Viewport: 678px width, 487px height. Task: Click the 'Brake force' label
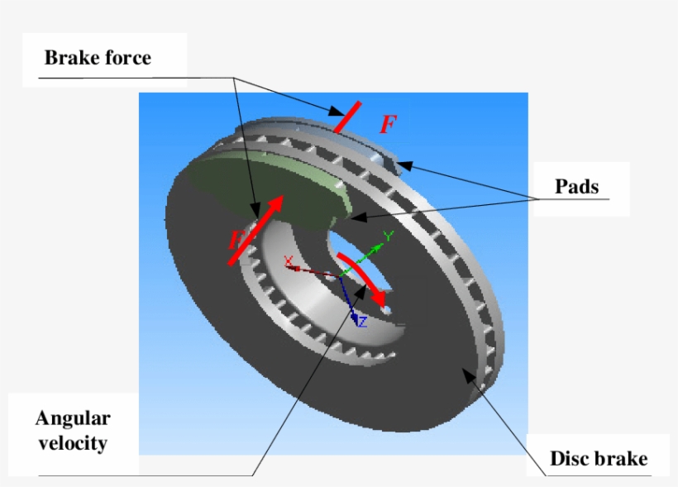98,58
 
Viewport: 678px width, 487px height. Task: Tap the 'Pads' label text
576,186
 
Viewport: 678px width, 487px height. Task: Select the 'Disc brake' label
599,458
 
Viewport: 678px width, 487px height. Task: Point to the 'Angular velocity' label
73,430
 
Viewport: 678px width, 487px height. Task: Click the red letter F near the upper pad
388,125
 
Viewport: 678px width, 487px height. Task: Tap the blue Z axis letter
361,322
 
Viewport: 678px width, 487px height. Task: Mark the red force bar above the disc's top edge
347,117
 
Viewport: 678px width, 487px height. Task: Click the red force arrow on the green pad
260,227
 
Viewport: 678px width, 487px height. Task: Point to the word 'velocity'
73,443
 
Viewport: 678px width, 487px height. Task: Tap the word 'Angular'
73,418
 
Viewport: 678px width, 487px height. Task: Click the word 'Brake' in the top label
69,58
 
